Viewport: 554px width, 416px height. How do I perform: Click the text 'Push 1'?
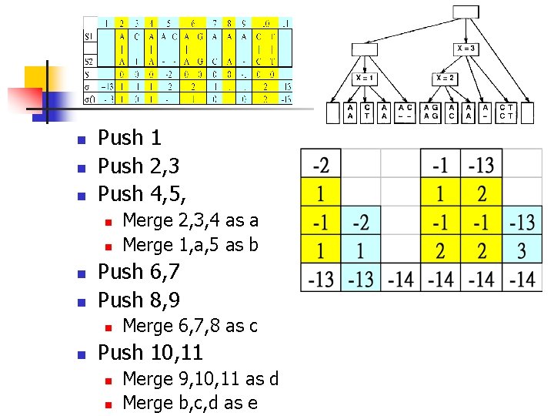click(x=129, y=138)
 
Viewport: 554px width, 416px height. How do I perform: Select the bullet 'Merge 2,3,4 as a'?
click(x=190, y=220)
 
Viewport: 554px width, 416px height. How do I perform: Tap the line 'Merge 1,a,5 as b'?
click(x=190, y=245)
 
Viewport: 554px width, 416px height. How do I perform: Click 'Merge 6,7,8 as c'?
click(x=190, y=326)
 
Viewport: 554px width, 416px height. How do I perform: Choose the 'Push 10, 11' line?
click(x=151, y=353)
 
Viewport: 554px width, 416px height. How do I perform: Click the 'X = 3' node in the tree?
click(x=466, y=49)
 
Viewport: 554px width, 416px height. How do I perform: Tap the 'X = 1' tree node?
click(x=365, y=78)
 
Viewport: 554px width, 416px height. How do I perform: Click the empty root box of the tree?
click(x=466, y=11)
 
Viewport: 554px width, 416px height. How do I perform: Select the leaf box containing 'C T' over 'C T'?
click(x=506, y=112)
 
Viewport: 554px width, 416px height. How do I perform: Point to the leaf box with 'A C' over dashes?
click(x=405, y=112)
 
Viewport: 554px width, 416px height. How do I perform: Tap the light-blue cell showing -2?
click(x=360, y=223)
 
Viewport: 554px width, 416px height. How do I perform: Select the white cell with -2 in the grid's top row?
click(x=322, y=164)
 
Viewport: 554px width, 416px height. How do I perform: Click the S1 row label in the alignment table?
click(x=90, y=35)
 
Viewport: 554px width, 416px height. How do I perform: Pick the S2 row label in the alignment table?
click(x=90, y=61)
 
